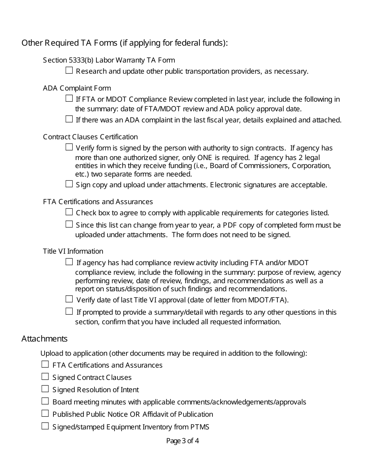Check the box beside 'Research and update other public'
point(69,70)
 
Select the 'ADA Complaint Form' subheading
point(77,88)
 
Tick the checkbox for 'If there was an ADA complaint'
point(69,119)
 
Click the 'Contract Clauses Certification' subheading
point(90,137)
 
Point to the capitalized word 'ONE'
point(205,158)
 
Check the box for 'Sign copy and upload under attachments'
point(69,184)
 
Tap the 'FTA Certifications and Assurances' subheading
point(98,202)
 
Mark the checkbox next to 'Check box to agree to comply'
point(69,212)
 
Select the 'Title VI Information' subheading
point(73,251)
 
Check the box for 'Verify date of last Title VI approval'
point(69,299)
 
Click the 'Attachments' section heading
point(45,338)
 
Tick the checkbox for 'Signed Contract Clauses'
point(45,376)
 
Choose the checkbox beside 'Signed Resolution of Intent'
point(45,389)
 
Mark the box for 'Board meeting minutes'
point(45,401)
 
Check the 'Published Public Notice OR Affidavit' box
point(45,413)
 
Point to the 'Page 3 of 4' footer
point(182,441)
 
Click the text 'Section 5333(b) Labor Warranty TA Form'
point(109,60)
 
